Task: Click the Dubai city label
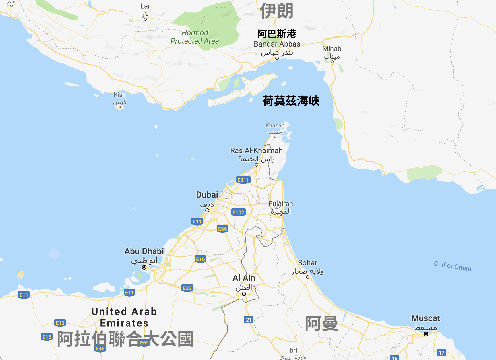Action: pos(207,195)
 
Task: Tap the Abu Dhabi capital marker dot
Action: pos(144,267)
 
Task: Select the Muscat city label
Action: pos(425,318)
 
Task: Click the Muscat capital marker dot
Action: pos(426,334)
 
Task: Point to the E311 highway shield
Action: pos(243,180)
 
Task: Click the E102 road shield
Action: pos(238,212)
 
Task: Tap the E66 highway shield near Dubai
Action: pos(222,229)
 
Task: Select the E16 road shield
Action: pos(200,259)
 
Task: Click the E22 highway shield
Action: pos(187,288)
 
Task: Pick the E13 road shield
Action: pos(60,323)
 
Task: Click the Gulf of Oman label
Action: pos(452,266)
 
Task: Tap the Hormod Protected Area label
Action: pos(195,37)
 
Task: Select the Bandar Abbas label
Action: pos(277,44)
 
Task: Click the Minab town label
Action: pos(332,49)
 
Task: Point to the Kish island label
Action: pos(120,95)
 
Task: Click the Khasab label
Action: pos(275,125)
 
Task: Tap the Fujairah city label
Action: pos(281,204)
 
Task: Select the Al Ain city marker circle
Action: pos(244,294)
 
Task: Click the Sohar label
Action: pos(307,263)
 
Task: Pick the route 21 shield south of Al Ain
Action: pos(249,320)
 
